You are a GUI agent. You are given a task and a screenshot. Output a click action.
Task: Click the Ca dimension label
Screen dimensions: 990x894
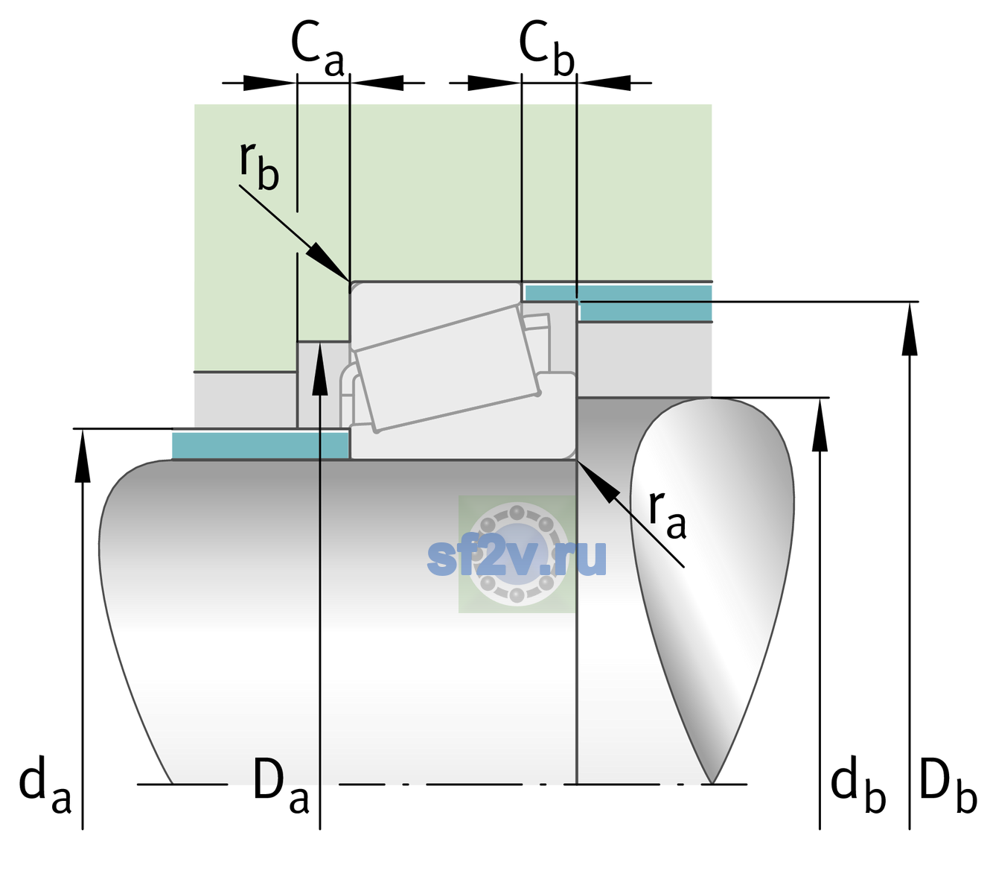click(318, 49)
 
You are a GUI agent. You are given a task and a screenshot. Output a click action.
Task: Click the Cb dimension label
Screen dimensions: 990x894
click(547, 48)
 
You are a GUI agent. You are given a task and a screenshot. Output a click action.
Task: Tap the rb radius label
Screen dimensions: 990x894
click(259, 165)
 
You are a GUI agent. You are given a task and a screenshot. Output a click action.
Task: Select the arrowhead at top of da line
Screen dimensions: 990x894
click(83, 455)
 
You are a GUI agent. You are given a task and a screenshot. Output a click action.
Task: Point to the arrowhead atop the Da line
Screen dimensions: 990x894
click(320, 368)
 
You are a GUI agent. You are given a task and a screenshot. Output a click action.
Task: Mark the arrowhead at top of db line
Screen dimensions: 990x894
click(820, 425)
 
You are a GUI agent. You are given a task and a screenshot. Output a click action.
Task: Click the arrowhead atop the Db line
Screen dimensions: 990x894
click(910, 329)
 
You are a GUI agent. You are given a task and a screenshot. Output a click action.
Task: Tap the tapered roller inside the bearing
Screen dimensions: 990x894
click(447, 368)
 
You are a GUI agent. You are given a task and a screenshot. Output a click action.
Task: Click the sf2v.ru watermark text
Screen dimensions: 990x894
click(517, 558)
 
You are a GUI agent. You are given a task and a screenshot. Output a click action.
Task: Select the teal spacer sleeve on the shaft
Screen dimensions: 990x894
click(260, 445)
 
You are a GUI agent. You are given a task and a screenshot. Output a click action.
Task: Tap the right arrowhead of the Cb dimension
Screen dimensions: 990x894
click(604, 83)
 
